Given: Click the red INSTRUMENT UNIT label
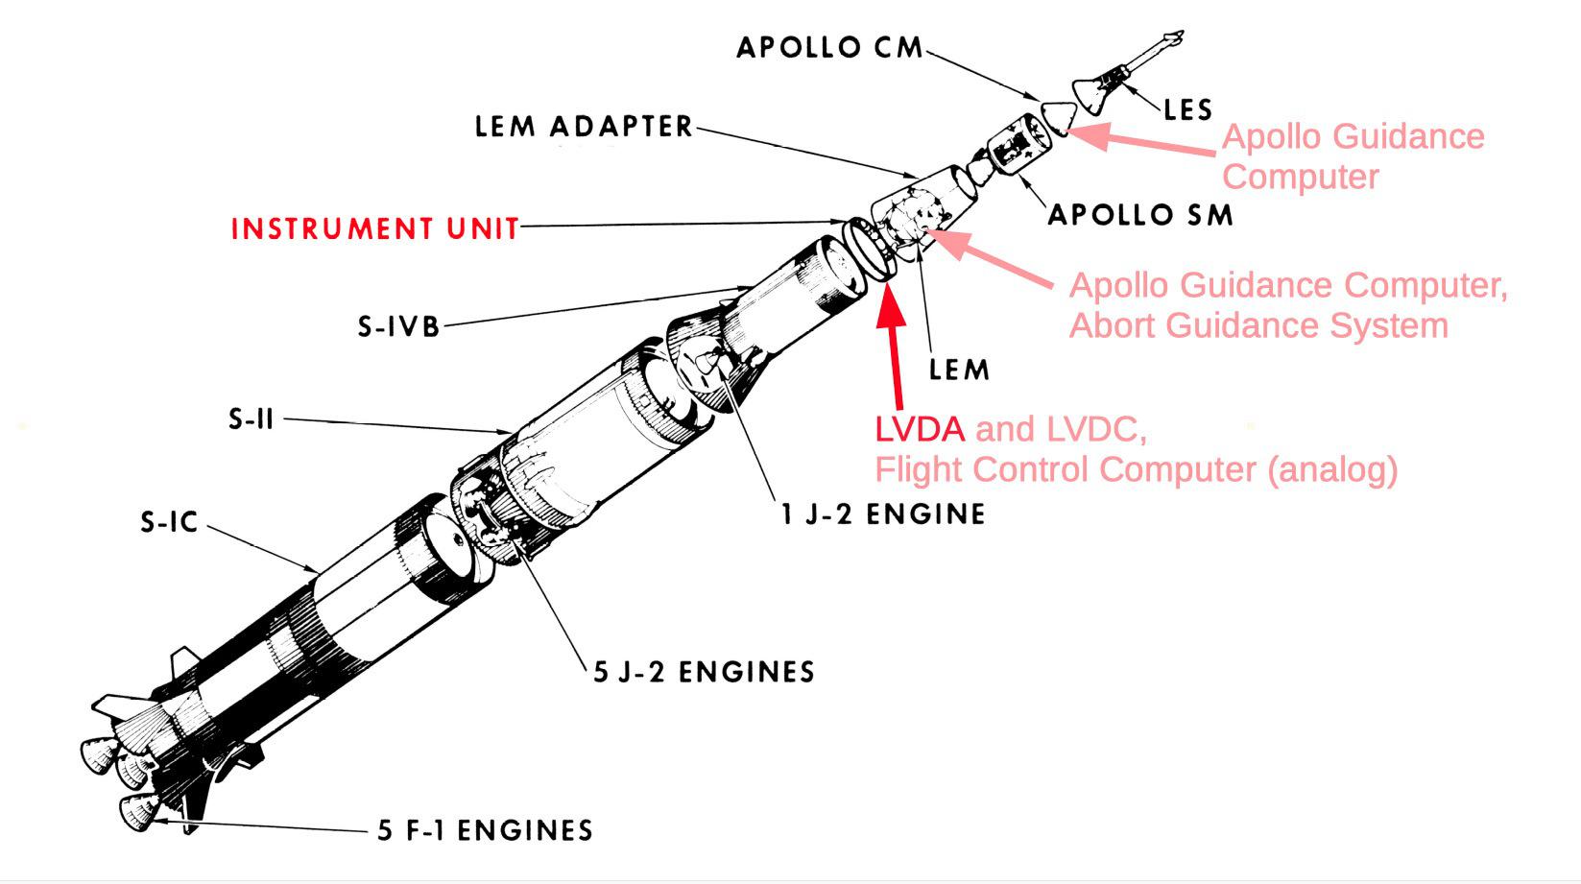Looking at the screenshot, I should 374,228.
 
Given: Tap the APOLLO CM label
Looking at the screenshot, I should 829,47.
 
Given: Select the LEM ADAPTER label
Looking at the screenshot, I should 584,127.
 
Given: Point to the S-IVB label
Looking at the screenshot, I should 398,327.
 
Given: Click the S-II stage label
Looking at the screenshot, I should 252,419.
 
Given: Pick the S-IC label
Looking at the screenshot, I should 169,523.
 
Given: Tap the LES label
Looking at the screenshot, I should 1187,109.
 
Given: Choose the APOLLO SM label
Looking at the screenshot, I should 1139,215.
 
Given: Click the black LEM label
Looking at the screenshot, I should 958,370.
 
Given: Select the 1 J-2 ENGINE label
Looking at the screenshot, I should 883,514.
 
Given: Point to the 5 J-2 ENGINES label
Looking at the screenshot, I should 704,672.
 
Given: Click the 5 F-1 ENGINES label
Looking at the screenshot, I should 485,830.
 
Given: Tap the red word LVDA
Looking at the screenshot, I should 919,429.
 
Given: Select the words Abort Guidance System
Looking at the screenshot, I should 1258,326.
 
